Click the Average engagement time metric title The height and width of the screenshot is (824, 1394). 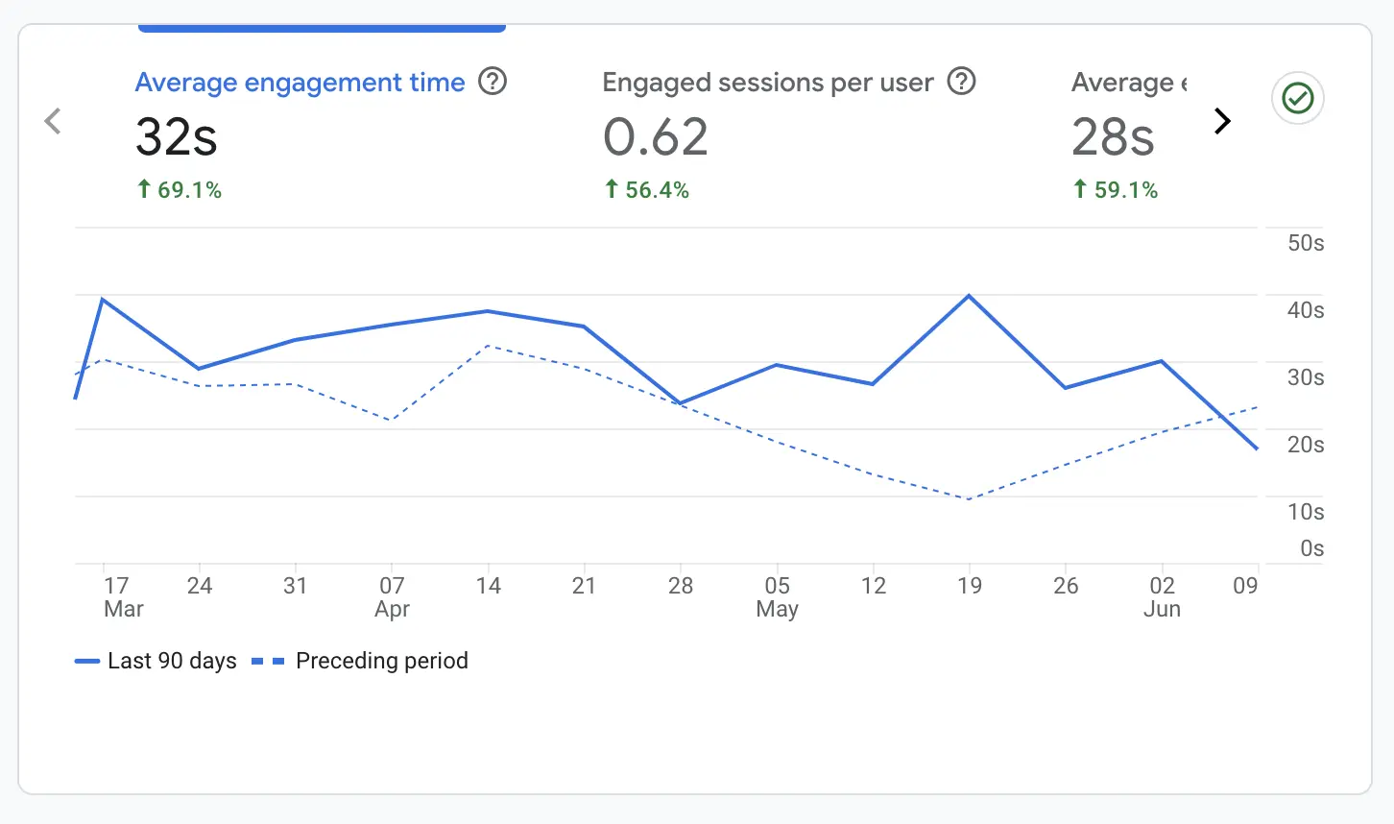point(300,83)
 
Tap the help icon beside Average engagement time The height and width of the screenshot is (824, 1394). point(493,82)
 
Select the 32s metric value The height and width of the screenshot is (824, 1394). point(177,136)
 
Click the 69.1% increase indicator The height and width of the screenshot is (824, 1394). point(180,190)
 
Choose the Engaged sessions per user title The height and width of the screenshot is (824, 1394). point(767,83)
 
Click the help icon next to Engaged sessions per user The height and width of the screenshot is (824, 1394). point(961,82)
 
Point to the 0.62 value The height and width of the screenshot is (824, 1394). point(656,136)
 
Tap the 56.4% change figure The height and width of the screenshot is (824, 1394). point(647,190)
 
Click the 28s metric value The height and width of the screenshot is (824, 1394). point(1113,136)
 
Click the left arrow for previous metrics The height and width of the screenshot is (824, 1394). point(53,121)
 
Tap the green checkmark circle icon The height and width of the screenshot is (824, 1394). point(1298,98)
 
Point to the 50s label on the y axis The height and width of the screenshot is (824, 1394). point(1305,243)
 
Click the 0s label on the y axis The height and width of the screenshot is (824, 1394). point(1311,548)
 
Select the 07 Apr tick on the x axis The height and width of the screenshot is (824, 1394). point(392,596)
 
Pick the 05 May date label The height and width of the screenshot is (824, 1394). point(777,596)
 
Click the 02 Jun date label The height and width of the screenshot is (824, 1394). point(1162,596)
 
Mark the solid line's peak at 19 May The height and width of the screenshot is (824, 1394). point(969,296)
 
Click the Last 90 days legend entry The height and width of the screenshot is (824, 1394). point(156,661)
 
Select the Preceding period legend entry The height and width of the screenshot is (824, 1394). point(361,661)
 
